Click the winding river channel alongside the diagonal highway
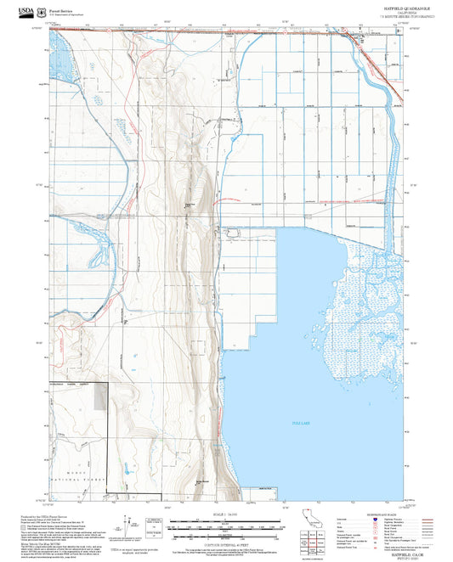(x=369, y=76)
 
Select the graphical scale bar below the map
(x=226, y=525)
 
